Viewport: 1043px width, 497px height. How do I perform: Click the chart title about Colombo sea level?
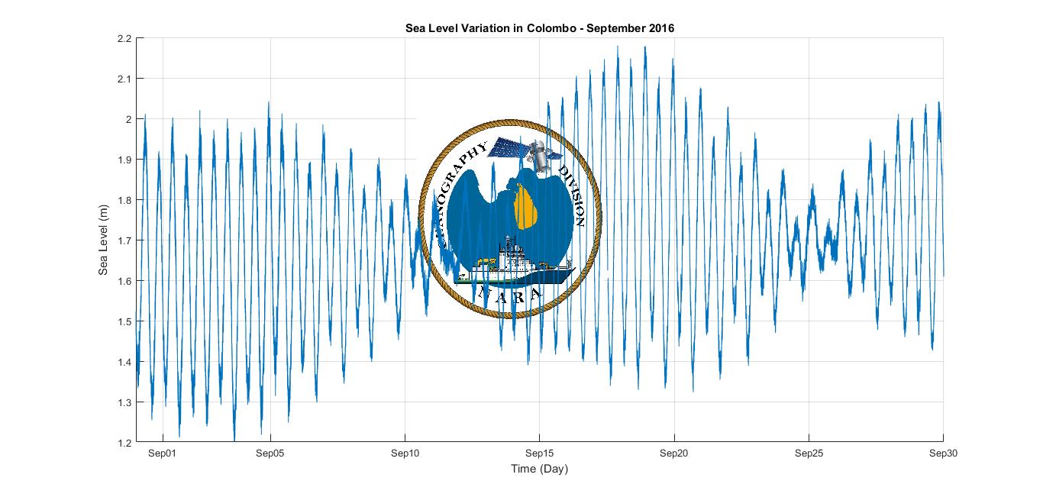tap(539, 28)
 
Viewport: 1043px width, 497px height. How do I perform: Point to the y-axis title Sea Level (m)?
tap(104, 240)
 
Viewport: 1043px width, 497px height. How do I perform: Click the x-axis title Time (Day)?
tap(539, 469)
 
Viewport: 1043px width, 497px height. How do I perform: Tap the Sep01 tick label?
tap(163, 453)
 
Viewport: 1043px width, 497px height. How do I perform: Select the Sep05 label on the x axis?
tap(270, 453)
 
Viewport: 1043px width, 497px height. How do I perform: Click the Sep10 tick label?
tap(405, 453)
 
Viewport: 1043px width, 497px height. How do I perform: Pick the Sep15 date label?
tap(540, 453)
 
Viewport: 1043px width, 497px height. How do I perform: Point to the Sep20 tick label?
tap(674, 453)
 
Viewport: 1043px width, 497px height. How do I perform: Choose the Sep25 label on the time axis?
tap(809, 453)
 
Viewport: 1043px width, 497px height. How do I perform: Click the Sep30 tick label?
tap(943, 453)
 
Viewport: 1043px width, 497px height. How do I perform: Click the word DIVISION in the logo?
tap(573, 195)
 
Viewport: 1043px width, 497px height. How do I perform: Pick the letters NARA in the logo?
tap(510, 295)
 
